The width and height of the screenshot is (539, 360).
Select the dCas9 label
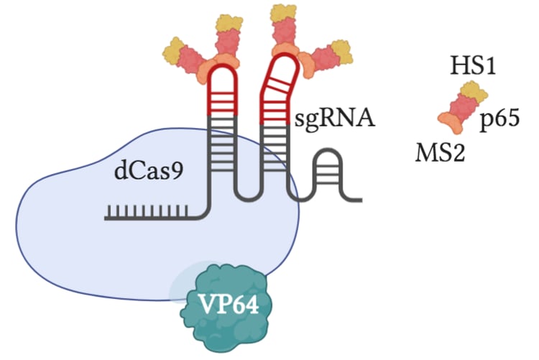click(x=147, y=172)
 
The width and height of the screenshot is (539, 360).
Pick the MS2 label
click(x=438, y=152)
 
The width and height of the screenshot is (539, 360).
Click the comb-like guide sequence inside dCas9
click(x=147, y=212)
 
